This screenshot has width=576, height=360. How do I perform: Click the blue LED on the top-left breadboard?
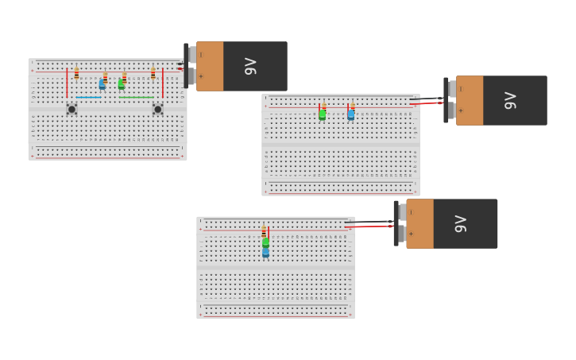(102, 83)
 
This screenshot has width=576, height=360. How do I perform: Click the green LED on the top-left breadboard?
(121, 83)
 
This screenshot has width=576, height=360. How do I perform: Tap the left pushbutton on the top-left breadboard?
(72, 109)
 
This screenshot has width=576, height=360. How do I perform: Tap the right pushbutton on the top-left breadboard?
(157, 109)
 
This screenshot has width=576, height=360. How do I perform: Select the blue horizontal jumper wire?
(88, 98)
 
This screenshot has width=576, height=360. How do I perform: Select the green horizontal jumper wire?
(136, 98)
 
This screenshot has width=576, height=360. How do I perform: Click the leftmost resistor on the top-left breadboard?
(76, 73)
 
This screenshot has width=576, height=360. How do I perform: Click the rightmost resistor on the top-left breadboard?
(153, 73)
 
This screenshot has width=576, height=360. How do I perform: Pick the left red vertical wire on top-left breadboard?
(67, 83)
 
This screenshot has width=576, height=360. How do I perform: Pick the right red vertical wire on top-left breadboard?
(163, 83)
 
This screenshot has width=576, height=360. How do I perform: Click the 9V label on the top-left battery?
(251, 66)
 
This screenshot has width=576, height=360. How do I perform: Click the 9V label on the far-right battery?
(511, 100)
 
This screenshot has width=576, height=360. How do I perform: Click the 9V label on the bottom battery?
(461, 223)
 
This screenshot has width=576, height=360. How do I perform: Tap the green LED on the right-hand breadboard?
(322, 114)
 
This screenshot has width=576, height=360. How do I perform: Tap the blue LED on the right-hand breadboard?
(350, 114)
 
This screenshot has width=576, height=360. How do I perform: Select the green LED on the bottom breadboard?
(265, 243)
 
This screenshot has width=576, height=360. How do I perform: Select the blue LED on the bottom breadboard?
(265, 253)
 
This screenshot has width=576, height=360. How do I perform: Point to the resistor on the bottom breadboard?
(264, 232)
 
